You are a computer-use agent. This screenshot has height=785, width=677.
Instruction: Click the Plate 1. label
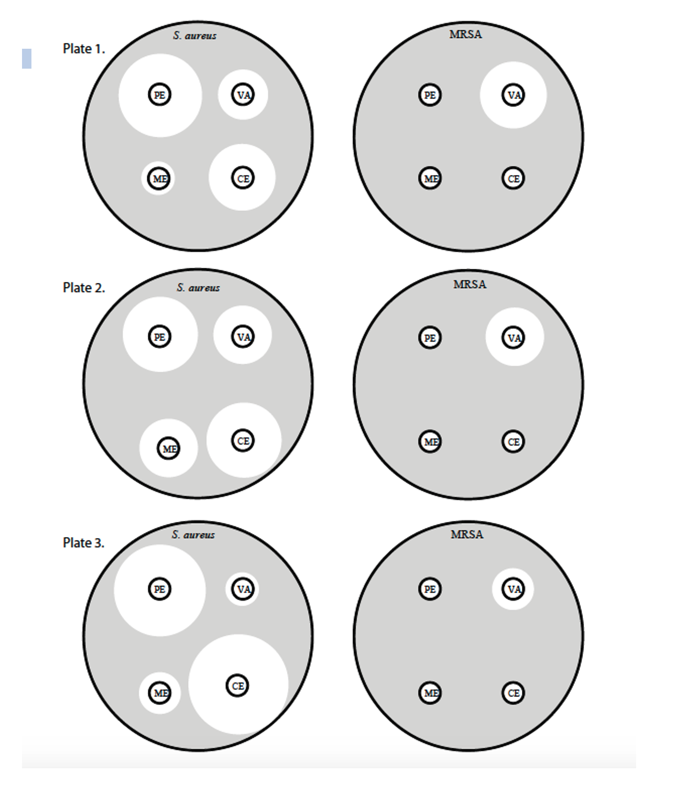click(83, 49)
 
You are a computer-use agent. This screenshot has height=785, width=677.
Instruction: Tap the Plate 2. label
click(83, 288)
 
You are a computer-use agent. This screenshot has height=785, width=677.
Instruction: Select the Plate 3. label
click(83, 543)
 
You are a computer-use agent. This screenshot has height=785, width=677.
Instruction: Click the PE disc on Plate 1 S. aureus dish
click(159, 94)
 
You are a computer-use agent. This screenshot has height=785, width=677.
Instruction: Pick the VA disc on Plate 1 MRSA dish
click(513, 94)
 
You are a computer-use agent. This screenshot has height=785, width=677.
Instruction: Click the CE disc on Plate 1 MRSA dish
click(513, 178)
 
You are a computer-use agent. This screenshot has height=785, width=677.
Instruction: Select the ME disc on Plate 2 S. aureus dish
click(169, 449)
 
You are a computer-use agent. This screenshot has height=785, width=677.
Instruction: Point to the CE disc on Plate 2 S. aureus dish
click(243, 441)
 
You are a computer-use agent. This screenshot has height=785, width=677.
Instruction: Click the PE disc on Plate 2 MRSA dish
click(430, 337)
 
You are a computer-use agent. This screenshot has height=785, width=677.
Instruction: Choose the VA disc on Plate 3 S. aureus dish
click(243, 589)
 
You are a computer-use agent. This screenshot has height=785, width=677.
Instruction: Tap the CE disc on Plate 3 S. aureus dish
click(237, 685)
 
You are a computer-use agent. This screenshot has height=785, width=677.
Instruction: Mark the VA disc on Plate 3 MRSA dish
click(513, 589)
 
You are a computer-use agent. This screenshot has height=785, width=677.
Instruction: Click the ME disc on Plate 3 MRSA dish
click(430, 693)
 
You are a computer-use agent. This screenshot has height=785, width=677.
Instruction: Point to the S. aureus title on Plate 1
click(195, 36)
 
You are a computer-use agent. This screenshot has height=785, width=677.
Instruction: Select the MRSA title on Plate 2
click(469, 285)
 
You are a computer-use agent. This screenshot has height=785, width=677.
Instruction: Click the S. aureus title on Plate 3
click(193, 535)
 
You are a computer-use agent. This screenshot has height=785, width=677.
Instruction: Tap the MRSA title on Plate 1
click(466, 34)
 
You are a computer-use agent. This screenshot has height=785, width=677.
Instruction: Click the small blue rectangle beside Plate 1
click(27, 59)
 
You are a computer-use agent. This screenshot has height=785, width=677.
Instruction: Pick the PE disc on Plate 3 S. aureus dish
click(159, 589)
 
